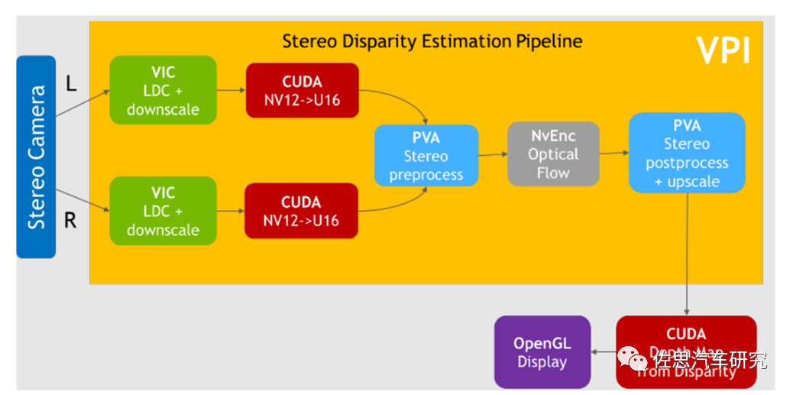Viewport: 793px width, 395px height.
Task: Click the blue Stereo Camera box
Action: click(36, 157)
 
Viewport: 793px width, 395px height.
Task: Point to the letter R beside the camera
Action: click(70, 221)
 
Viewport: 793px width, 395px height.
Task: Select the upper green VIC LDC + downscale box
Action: click(163, 90)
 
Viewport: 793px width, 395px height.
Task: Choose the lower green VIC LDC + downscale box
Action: click(163, 211)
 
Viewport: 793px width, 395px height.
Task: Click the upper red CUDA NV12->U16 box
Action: click(302, 90)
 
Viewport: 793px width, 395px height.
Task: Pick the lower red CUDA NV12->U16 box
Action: click(301, 211)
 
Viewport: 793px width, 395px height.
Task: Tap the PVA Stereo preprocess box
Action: click(426, 156)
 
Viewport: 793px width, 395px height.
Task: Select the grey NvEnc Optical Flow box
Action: click(553, 154)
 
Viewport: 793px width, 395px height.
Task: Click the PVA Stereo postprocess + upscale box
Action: click(687, 153)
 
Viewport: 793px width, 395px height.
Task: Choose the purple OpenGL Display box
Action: click(542, 352)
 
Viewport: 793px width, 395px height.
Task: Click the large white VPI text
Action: click(722, 50)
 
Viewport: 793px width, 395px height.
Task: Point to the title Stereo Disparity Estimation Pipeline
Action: click(432, 41)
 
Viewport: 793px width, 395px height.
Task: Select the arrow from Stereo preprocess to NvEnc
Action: click(493, 154)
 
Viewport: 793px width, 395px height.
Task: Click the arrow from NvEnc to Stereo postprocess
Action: click(614, 154)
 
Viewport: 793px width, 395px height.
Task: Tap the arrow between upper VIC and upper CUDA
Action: click(231, 90)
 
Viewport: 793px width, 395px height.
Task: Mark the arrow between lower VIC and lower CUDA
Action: click(230, 211)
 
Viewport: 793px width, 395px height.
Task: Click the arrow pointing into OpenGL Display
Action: click(604, 353)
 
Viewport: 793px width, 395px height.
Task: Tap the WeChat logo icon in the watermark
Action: click(631, 357)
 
